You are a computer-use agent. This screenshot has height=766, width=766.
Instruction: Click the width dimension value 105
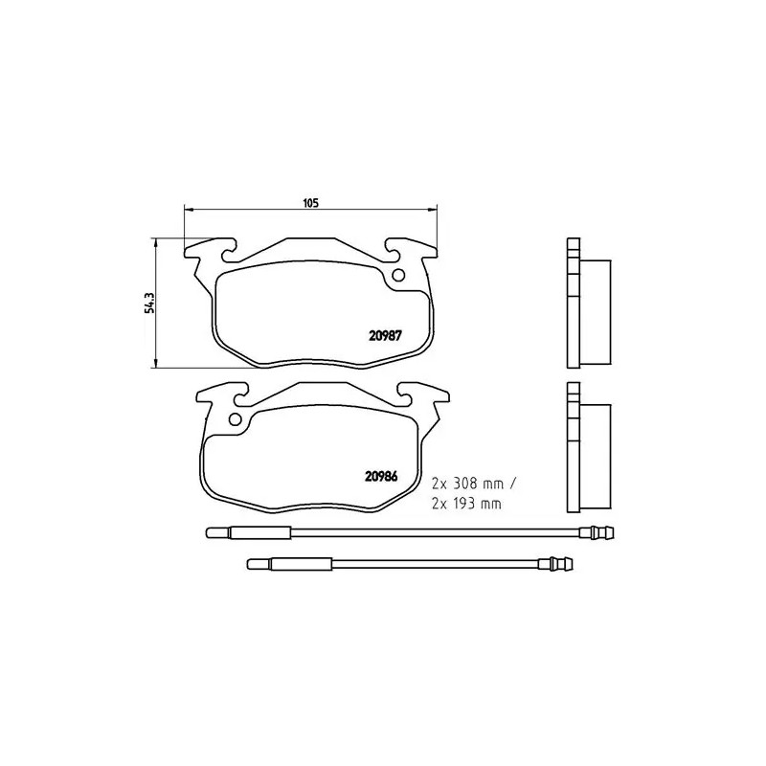(309, 202)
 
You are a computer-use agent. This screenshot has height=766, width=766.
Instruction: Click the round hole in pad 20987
(398, 277)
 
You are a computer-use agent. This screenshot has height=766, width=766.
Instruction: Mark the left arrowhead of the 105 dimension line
(188, 209)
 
